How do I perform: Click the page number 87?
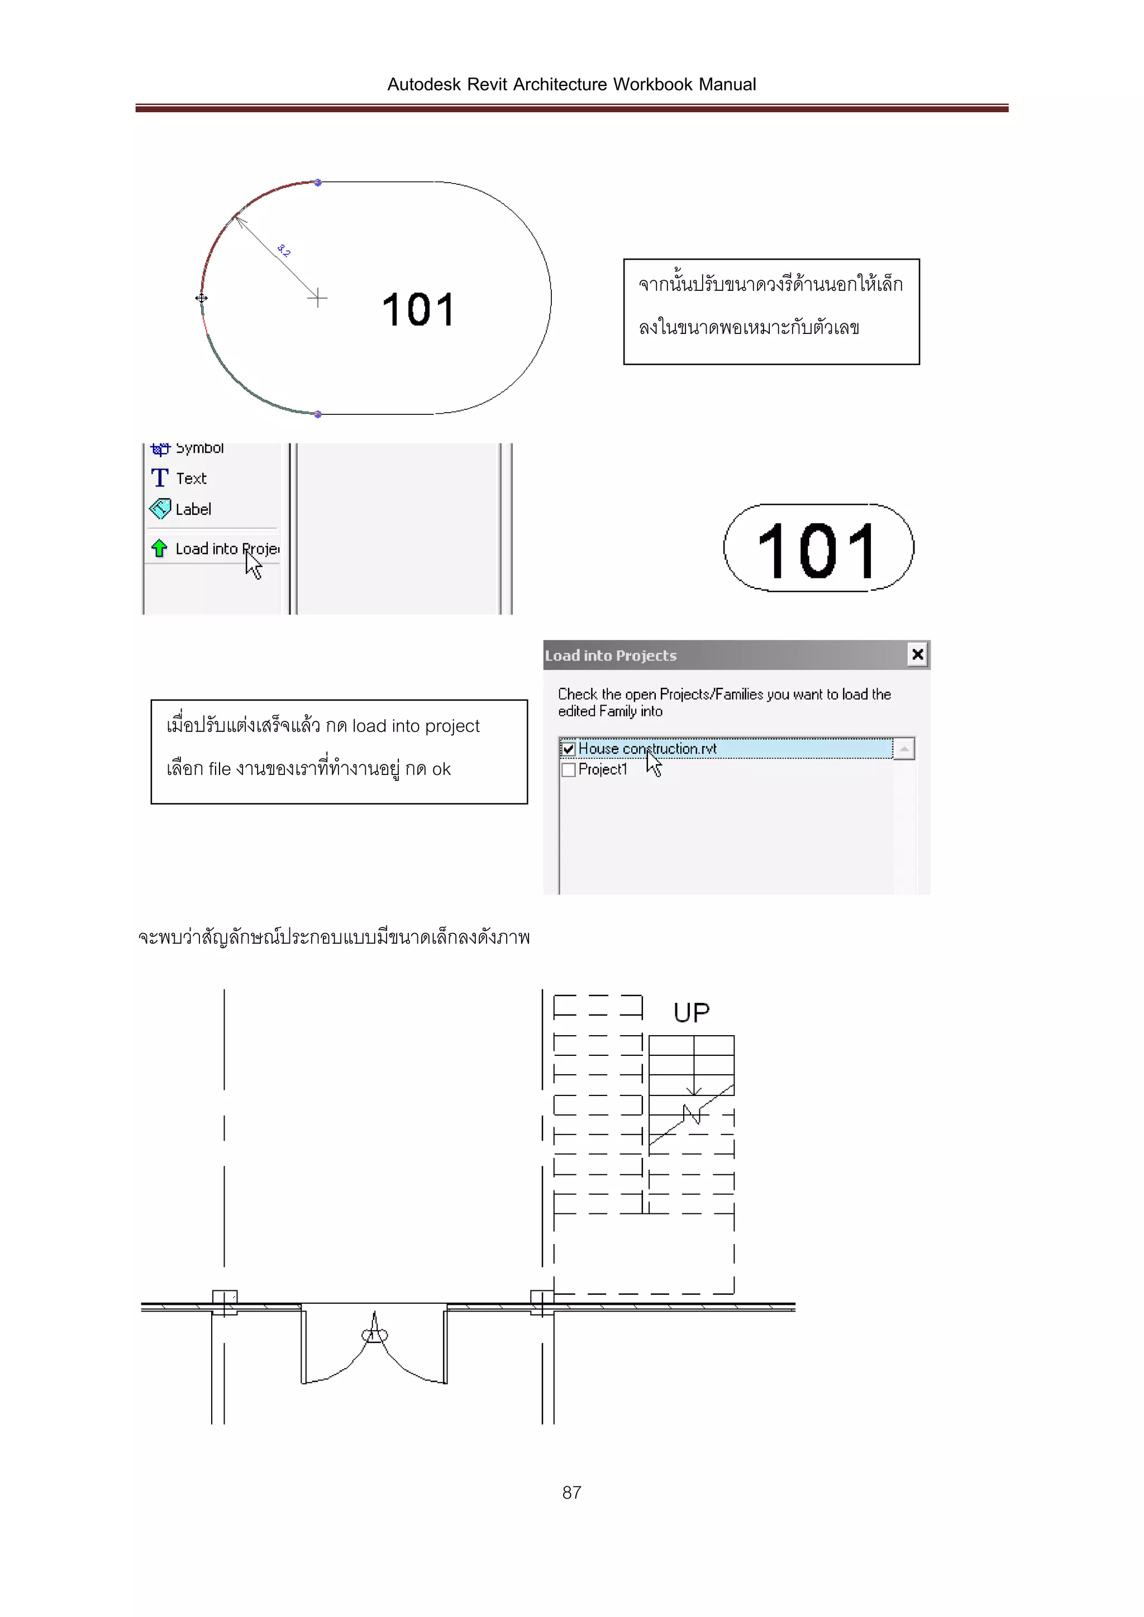pyautogui.click(x=571, y=1492)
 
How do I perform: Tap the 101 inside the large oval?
pyautogui.click(x=418, y=310)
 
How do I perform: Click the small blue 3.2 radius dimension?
pyautogui.click(x=284, y=251)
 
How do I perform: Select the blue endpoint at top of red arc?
pyautogui.click(x=318, y=183)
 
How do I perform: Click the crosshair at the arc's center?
pyautogui.click(x=318, y=298)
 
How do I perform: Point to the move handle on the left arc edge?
pyautogui.click(x=202, y=299)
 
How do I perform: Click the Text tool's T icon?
pyautogui.click(x=160, y=478)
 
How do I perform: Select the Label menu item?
pyautogui.click(x=192, y=509)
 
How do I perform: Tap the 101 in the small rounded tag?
pyautogui.click(x=817, y=551)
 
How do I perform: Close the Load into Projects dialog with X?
pyautogui.click(x=917, y=654)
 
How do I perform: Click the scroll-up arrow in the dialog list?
pyautogui.click(x=904, y=749)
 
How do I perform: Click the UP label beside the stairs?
pyautogui.click(x=690, y=1013)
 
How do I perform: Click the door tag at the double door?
pyautogui.click(x=374, y=1334)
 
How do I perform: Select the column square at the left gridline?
pyautogui.click(x=225, y=1302)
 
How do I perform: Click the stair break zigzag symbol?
pyautogui.click(x=693, y=1113)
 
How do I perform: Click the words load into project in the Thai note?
pyautogui.click(x=416, y=726)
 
